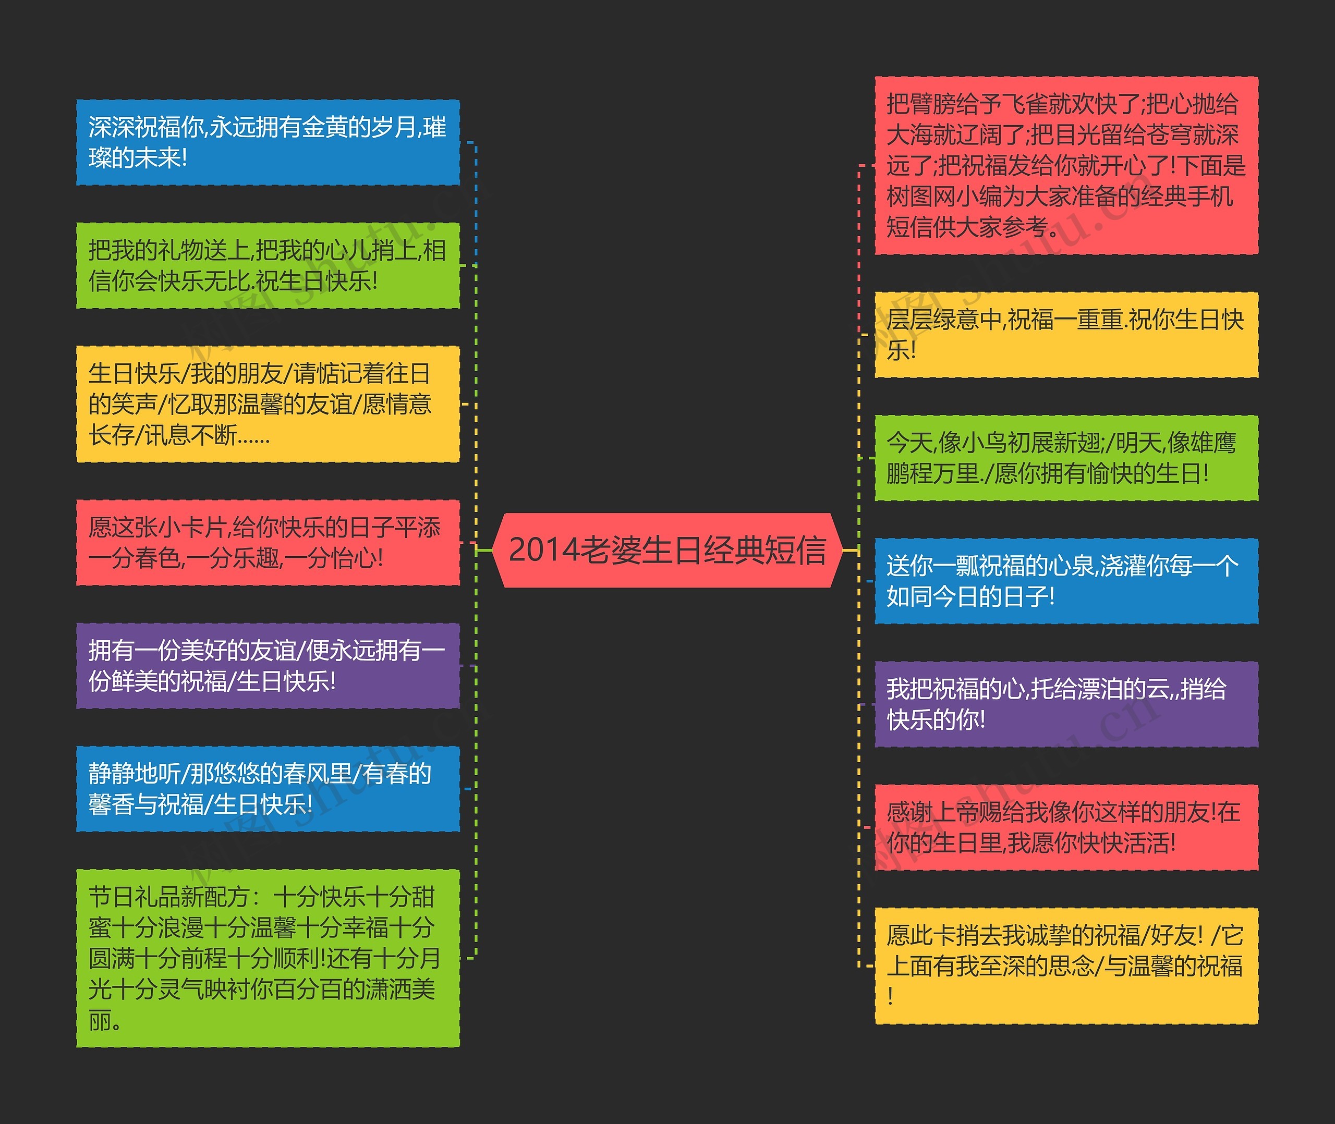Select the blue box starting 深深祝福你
click(268, 142)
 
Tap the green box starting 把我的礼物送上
click(268, 265)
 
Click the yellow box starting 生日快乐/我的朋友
click(268, 404)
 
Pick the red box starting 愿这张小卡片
click(268, 542)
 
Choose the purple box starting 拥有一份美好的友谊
click(268, 666)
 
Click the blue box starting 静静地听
click(268, 789)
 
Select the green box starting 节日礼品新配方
click(268, 958)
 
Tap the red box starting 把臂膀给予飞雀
click(1066, 166)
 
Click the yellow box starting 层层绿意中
click(1066, 335)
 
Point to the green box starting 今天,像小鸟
click(1066, 458)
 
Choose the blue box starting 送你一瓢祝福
click(1066, 580)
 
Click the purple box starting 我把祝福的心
click(1066, 704)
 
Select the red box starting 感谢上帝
click(1066, 827)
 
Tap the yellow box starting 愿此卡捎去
click(1066, 966)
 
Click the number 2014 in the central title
click(542, 550)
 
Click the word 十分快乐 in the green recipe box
click(320, 897)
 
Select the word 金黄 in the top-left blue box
click(324, 127)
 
